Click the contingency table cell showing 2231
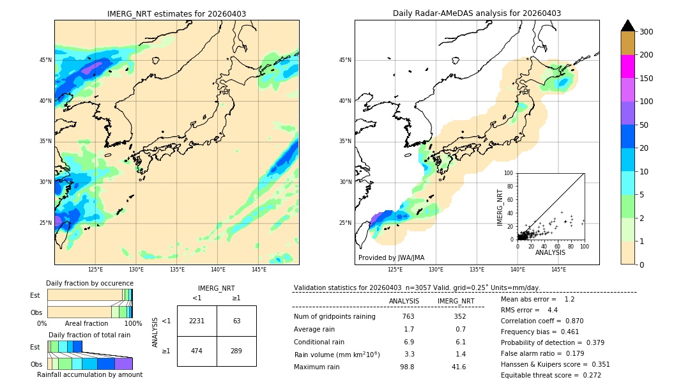coord(197,321)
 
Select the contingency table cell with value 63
coord(236,321)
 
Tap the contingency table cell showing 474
coord(197,351)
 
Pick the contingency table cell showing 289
coord(236,351)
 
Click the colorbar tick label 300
coord(647,32)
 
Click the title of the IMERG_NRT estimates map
coord(176,13)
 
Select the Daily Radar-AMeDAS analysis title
coord(477,13)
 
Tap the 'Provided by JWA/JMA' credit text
coord(391,258)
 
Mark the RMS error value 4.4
coord(553,310)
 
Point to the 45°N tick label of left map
coord(45,60)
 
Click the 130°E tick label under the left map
coord(136,270)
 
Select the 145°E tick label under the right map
coord(558,270)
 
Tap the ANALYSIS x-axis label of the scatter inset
coord(550,252)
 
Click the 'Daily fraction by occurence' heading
coord(89,283)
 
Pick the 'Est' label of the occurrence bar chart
coord(35,295)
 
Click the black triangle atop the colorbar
coord(628,26)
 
